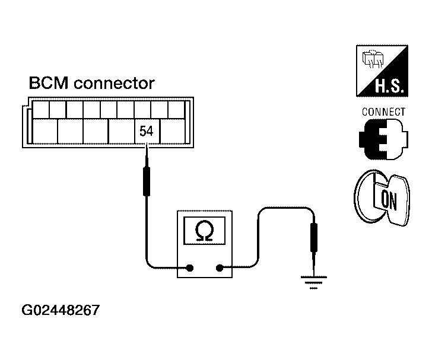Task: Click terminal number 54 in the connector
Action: click(x=147, y=131)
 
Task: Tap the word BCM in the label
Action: click(x=49, y=82)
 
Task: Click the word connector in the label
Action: click(x=114, y=84)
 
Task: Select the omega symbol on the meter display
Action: click(x=204, y=231)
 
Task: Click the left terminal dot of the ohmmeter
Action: click(x=190, y=267)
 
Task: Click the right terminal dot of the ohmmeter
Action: click(x=220, y=267)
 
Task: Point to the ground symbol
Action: click(x=314, y=282)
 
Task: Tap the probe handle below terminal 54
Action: click(x=147, y=181)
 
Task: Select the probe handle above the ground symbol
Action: click(x=314, y=237)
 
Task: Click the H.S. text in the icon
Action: click(x=389, y=86)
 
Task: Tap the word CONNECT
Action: click(x=383, y=112)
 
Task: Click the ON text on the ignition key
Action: click(x=389, y=200)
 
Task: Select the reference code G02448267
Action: click(x=61, y=310)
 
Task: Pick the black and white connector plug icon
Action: click(x=383, y=139)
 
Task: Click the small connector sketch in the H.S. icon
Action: click(x=373, y=59)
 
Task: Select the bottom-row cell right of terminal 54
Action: click(x=173, y=131)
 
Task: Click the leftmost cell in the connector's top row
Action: click(x=41, y=110)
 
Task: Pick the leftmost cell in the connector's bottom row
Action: click(x=45, y=131)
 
